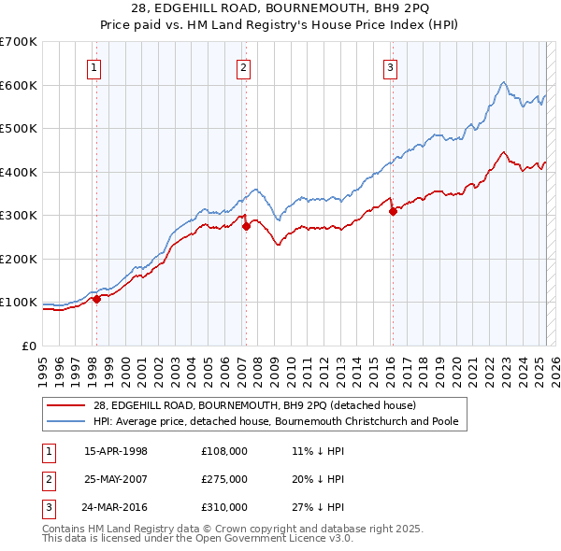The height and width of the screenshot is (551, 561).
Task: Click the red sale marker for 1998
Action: (96, 299)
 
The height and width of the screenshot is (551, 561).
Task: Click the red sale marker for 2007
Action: (246, 226)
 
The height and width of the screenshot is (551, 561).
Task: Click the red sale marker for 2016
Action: (393, 211)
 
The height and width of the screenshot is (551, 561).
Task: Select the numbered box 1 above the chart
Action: (95, 66)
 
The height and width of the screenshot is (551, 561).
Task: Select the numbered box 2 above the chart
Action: (243, 66)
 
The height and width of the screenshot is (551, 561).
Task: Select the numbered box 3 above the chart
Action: (390, 66)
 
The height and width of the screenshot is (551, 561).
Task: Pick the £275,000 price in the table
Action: (224, 479)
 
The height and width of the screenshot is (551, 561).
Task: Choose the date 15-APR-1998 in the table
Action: (116, 451)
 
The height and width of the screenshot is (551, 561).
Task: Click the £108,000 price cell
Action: (224, 451)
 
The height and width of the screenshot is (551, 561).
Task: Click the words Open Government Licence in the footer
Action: (264, 539)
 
